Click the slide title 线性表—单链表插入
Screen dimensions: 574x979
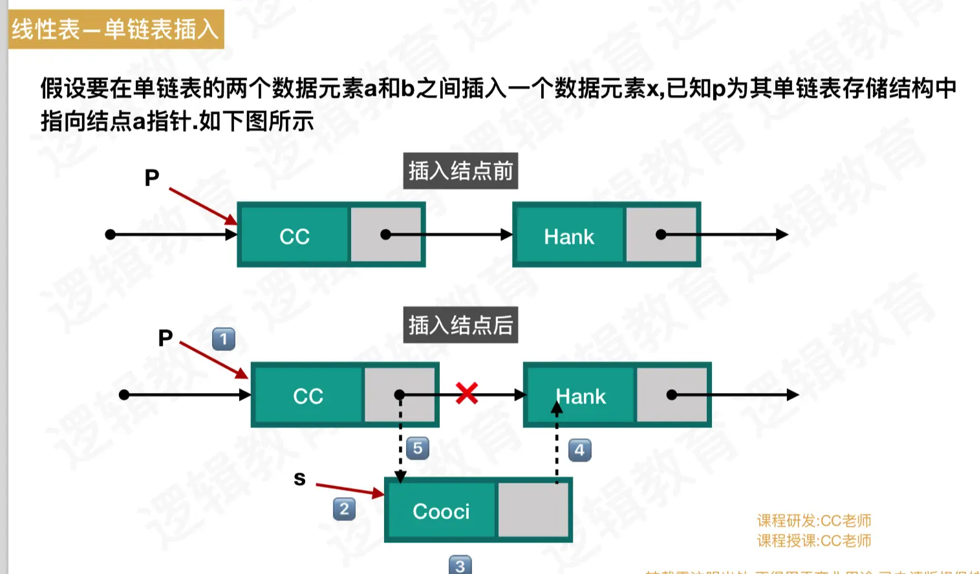(x=116, y=29)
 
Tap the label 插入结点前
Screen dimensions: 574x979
(x=460, y=171)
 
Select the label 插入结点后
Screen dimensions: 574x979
(x=460, y=324)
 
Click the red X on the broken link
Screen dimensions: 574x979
(x=466, y=393)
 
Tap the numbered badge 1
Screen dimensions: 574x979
(x=224, y=339)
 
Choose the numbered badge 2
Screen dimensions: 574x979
(x=344, y=509)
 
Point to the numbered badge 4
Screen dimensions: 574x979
(x=579, y=450)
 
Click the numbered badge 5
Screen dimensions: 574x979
(x=418, y=448)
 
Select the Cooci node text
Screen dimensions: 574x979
(x=441, y=511)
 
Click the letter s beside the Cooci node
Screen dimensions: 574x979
(x=299, y=479)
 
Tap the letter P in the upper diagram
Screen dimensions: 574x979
(x=152, y=177)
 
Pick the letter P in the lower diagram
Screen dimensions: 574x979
(x=166, y=337)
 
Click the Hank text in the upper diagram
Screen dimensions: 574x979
(x=569, y=237)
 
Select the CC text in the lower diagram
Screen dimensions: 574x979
(x=308, y=396)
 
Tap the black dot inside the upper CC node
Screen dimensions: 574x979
(x=385, y=235)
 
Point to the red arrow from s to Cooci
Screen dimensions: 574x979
(x=349, y=489)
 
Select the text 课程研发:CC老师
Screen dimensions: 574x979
(x=814, y=520)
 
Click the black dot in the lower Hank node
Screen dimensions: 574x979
(x=672, y=394)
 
